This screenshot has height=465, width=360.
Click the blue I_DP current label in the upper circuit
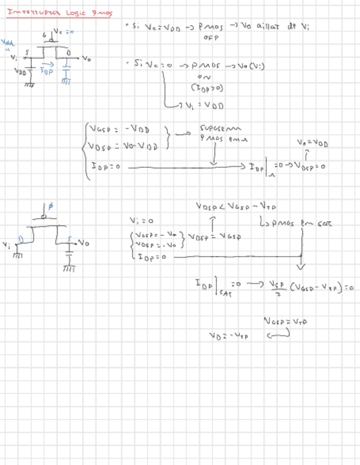pos(47,71)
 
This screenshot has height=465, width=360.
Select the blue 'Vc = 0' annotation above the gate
pos(64,31)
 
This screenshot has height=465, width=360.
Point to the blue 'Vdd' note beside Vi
pos(8,43)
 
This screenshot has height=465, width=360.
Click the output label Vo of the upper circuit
pos(86,57)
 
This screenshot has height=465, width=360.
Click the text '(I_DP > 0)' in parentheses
pos(207,88)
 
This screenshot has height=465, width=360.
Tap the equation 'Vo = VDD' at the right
pos(312,144)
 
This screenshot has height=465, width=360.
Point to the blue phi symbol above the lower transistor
pos(51,207)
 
